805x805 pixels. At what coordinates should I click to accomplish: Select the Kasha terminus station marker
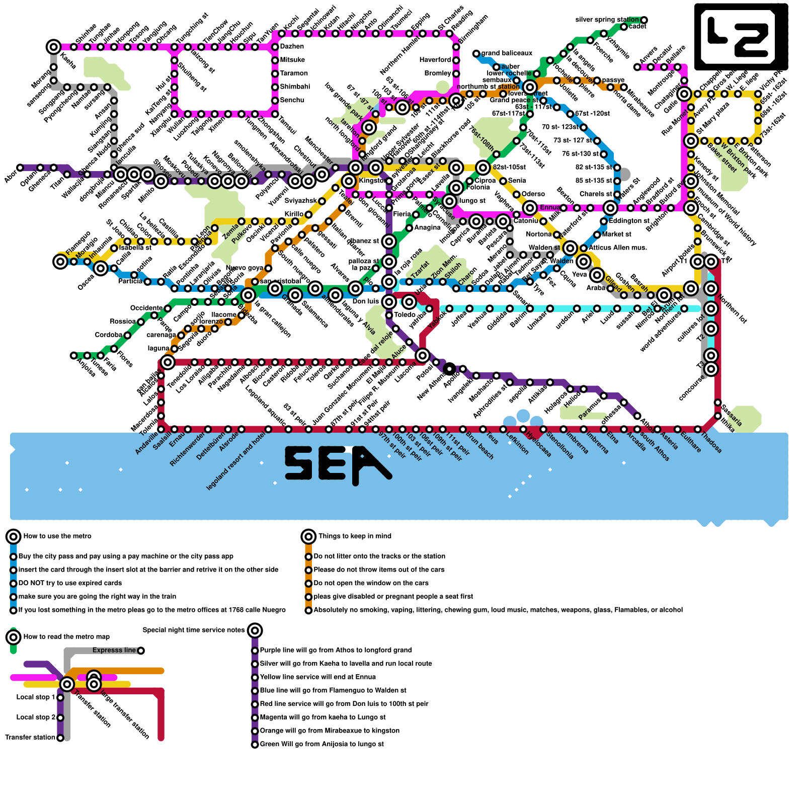pyautogui.click(x=53, y=47)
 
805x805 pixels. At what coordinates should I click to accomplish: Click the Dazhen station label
pyautogui.click(x=292, y=47)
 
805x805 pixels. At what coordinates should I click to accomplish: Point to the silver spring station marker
pyautogui.click(x=644, y=20)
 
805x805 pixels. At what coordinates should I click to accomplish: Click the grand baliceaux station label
pyautogui.click(x=506, y=53)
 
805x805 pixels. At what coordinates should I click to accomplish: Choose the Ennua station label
pyautogui.click(x=550, y=208)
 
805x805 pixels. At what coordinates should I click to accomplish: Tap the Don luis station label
pyautogui.click(x=365, y=302)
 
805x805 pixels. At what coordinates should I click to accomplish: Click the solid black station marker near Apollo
pyautogui.click(x=449, y=369)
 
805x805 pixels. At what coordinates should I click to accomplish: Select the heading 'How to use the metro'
pyautogui.click(x=57, y=536)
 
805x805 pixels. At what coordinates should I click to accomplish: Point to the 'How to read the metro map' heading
pyautogui.click(x=66, y=637)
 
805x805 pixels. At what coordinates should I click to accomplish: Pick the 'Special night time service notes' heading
pyautogui.click(x=194, y=630)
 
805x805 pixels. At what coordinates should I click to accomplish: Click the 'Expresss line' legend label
pyautogui.click(x=114, y=651)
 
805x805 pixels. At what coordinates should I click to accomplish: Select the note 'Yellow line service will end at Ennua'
pyautogui.click(x=317, y=677)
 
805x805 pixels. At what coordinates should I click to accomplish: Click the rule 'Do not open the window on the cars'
pyautogui.click(x=371, y=583)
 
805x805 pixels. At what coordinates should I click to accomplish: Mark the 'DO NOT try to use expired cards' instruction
pyautogui.click(x=70, y=583)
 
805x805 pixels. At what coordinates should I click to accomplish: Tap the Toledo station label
pyautogui.click(x=405, y=315)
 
